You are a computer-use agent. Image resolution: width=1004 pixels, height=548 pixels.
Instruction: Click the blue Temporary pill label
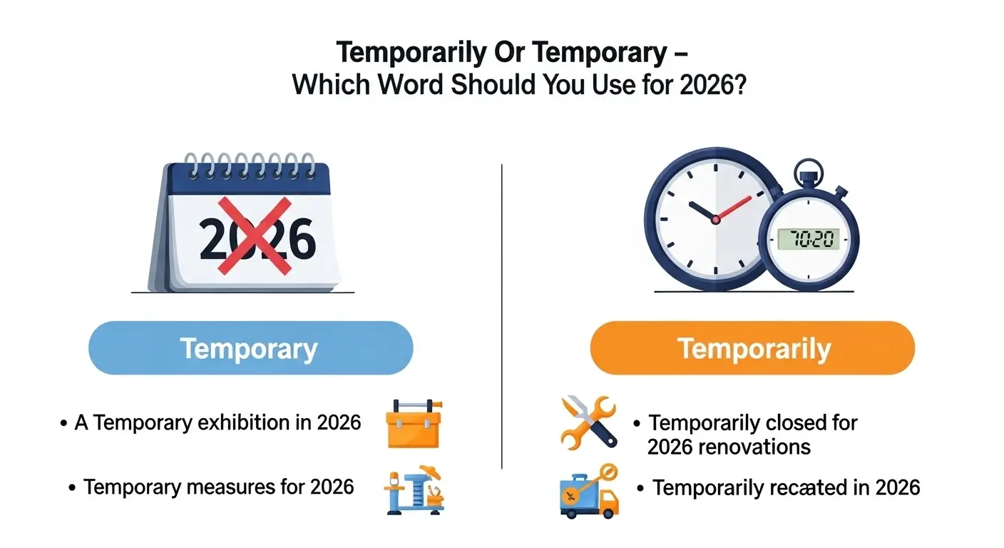250,348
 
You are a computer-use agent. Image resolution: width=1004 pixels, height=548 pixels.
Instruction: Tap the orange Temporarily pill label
753,348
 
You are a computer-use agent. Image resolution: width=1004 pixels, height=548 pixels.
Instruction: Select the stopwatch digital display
808,239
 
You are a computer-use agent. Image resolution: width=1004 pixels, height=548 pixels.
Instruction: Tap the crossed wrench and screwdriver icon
589,422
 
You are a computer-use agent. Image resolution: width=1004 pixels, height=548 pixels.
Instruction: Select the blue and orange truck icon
588,491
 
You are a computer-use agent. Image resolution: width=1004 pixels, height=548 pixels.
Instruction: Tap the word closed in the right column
787,422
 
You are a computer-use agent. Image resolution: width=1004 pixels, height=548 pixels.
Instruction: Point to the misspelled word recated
796,487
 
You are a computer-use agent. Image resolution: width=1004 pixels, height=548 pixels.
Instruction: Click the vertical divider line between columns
502,314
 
